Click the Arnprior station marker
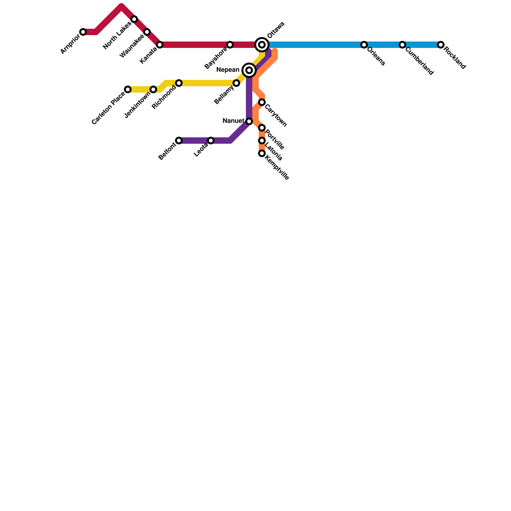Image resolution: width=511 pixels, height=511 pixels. pyautogui.click(x=83, y=32)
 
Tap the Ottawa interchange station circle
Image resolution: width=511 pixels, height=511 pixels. pyautogui.click(x=262, y=45)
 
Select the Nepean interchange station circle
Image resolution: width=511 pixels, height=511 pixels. pyautogui.click(x=249, y=70)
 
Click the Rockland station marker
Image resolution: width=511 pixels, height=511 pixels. pyautogui.click(x=441, y=45)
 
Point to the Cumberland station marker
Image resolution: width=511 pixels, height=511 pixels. pyautogui.click(x=402, y=45)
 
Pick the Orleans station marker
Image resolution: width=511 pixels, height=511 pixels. pyautogui.click(x=364, y=45)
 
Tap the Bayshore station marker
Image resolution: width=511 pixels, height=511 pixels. pyautogui.click(x=230, y=45)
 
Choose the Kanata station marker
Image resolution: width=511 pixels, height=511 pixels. pyautogui.click(x=160, y=45)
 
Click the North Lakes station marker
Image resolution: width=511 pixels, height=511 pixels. pyautogui.click(x=134, y=19)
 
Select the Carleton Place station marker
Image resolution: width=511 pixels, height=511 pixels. pyautogui.click(x=128, y=89)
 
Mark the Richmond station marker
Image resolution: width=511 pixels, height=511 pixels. pyautogui.click(x=179, y=83)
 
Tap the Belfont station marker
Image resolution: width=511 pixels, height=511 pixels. pyautogui.click(x=179, y=141)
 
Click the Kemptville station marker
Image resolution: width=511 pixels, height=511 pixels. pyautogui.click(x=262, y=153)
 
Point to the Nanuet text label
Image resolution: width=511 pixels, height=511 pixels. pyautogui.click(x=233, y=121)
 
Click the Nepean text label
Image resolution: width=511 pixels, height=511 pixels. pyautogui.click(x=228, y=70)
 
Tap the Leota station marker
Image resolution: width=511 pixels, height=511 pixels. pyautogui.click(x=211, y=141)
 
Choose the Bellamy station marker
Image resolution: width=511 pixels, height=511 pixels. pyautogui.click(x=236, y=83)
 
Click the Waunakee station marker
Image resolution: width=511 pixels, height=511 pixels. pyautogui.click(x=147, y=32)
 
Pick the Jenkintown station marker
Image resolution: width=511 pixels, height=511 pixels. pyautogui.click(x=153, y=89)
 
